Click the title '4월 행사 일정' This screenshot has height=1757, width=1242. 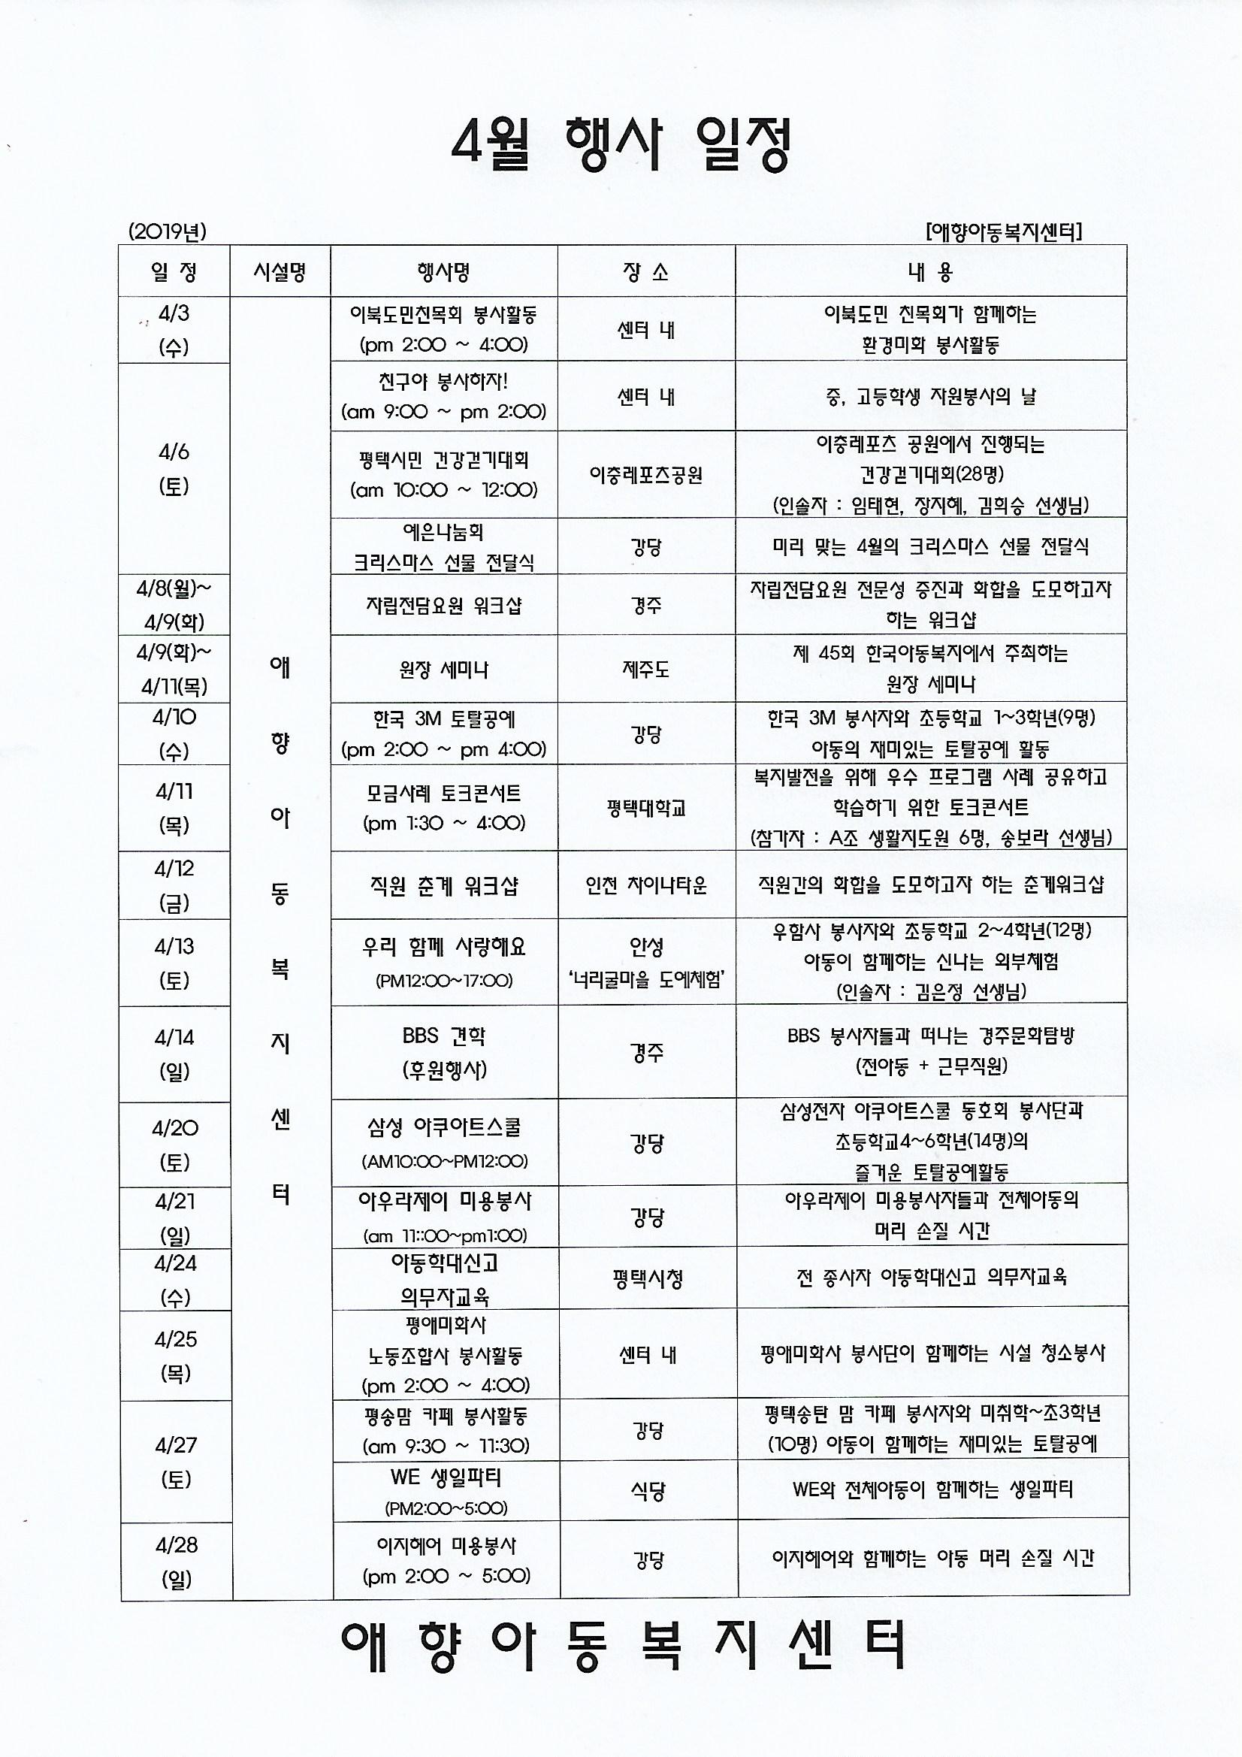pyautogui.click(x=620, y=145)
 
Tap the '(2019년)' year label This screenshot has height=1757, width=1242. pyautogui.click(x=168, y=231)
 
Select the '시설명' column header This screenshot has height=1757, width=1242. pyautogui.click(x=280, y=271)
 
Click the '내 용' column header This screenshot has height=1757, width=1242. pyautogui.click(x=929, y=271)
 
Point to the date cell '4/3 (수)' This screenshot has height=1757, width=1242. pyautogui.click(x=174, y=330)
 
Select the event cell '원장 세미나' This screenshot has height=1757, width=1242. pyautogui.click(x=443, y=670)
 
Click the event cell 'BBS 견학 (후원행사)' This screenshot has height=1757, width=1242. pyautogui.click(x=443, y=1052)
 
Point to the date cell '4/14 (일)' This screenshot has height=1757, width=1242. pyautogui.click(x=174, y=1054)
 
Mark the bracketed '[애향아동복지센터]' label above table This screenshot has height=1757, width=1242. pyautogui.click(x=1002, y=232)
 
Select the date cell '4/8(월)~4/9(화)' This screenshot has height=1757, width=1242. pyautogui.click(x=174, y=604)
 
